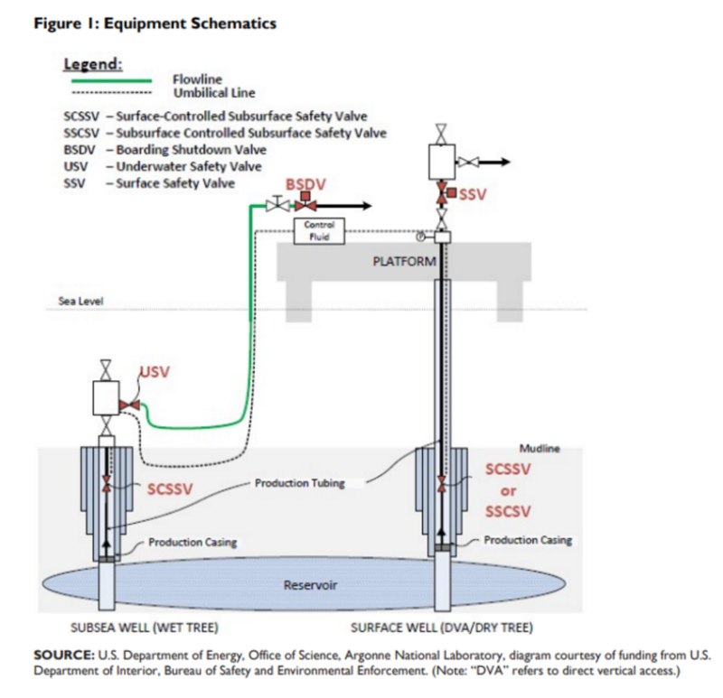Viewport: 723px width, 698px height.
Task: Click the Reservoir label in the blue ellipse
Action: (x=310, y=585)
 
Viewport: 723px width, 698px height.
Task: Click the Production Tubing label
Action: (x=299, y=483)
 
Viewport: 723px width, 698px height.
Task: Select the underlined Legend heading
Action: (x=92, y=65)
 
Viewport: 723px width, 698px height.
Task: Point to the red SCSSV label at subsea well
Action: (x=171, y=489)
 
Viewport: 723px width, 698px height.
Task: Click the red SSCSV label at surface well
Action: (x=508, y=511)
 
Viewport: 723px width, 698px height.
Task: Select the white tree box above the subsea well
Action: (x=107, y=398)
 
